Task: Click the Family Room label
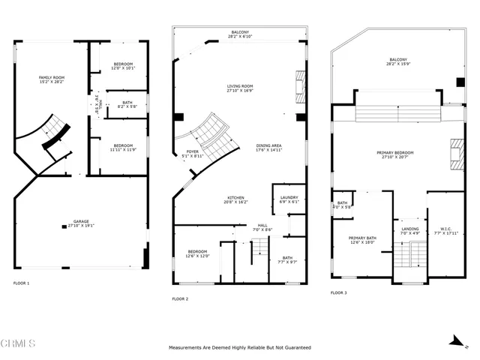click(52, 79)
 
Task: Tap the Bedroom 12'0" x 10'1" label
click(123, 67)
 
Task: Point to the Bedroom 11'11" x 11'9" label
click(123, 147)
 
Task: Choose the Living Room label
click(240, 88)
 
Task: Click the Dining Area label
click(268, 148)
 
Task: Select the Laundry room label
click(289, 199)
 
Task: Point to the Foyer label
click(193, 154)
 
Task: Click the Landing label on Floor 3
click(409, 231)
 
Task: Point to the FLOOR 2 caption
click(180, 299)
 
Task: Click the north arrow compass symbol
click(455, 340)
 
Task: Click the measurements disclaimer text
click(240, 348)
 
